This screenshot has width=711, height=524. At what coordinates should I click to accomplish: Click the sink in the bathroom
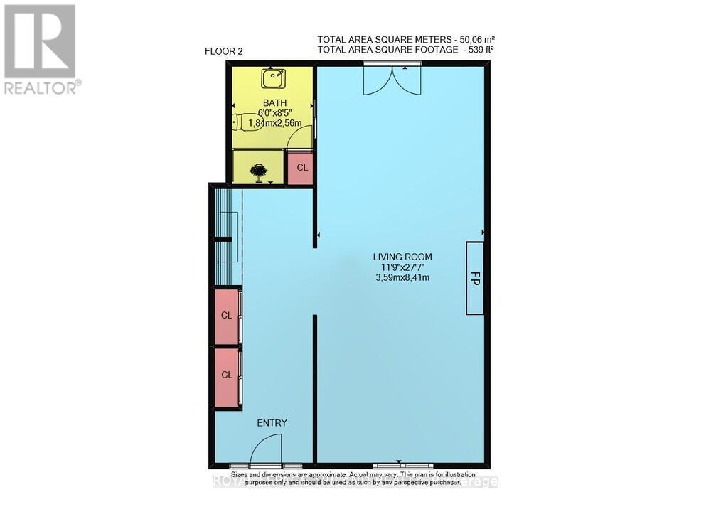click(272, 77)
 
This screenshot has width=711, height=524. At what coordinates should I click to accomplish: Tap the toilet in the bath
click(245, 122)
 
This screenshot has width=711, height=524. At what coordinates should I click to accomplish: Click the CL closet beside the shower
click(301, 169)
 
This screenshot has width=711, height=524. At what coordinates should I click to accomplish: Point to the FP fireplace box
click(476, 278)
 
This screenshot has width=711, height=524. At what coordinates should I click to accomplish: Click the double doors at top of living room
click(392, 79)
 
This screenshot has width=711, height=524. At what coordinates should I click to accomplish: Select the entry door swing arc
click(266, 447)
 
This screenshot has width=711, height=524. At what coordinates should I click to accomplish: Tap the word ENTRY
click(272, 423)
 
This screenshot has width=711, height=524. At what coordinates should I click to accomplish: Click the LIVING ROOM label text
click(402, 257)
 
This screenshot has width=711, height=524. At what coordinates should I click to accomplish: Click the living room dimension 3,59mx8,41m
click(402, 278)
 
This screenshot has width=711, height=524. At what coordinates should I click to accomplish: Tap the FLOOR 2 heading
click(224, 52)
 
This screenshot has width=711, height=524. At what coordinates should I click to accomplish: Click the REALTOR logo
click(41, 49)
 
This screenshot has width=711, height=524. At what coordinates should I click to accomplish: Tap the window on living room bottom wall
click(398, 465)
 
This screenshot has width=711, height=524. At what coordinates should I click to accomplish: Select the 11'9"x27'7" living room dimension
click(402, 267)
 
